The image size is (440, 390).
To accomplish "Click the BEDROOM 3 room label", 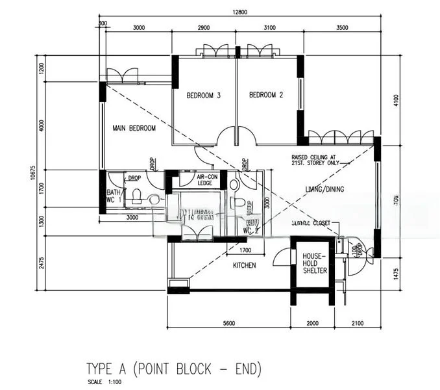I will pyautogui.click(x=204, y=96).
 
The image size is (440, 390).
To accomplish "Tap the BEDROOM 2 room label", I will pyautogui.click(x=266, y=96).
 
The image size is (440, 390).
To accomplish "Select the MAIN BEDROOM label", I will pyautogui.click(x=134, y=129).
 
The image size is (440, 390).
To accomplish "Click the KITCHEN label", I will pyautogui.click(x=244, y=265).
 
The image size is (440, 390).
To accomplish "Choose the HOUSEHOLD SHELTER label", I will pyautogui.click(x=315, y=263).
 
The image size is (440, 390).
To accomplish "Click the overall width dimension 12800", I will pyautogui.click(x=241, y=14).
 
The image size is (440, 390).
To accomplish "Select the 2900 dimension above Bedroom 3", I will pyautogui.click(x=203, y=27).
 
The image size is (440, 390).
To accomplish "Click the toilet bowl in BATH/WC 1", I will pyautogui.click(x=137, y=196).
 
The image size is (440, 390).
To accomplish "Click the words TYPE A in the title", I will pyautogui.click(x=108, y=369).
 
